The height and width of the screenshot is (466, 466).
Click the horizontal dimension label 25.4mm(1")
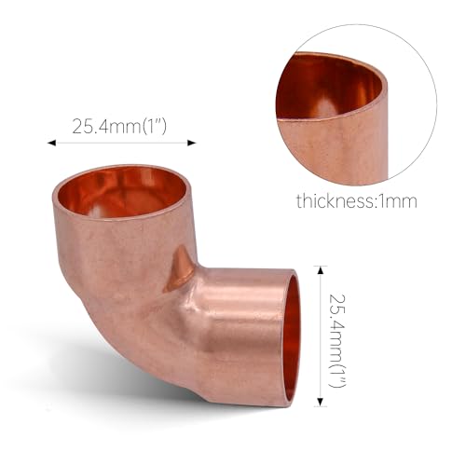[x=118, y=126]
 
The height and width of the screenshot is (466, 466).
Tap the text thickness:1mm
[x=356, y=199]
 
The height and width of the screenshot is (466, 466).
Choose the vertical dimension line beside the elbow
[x=321, y=336]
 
